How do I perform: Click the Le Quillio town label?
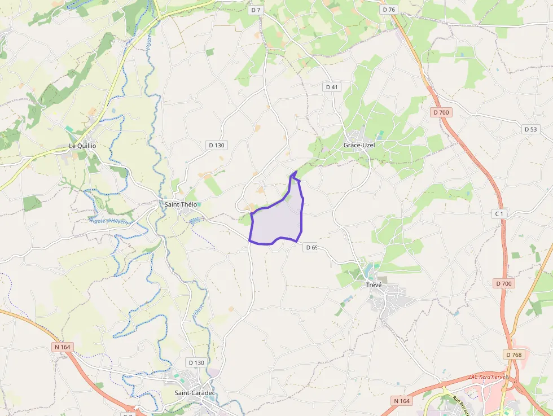tap(82, 146)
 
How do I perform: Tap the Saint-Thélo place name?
tap(181, 204)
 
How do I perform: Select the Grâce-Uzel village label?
tap(359, 145)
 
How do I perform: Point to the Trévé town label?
tap(374, 284)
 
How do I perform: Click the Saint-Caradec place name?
tap(195, 393)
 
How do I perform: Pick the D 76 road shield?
tap(389, 10)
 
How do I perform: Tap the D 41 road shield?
tap(332, 87)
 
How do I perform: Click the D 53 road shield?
tap(530, 129)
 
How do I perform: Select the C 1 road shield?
tap(499, 213)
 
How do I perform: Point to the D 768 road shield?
tap(513, 354)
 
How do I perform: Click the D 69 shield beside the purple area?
tap(311, 247)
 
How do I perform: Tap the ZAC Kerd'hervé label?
tap(488, 376)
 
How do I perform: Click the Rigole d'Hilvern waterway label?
tap(109, 221)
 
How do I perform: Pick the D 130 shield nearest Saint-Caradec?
tap(196, 362)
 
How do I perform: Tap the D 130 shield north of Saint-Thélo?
tap(216, 145)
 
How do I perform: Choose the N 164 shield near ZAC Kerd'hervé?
tap(402, 400)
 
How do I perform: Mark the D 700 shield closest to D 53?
tap(441, 112)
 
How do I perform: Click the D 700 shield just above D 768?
tap(504, 283)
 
